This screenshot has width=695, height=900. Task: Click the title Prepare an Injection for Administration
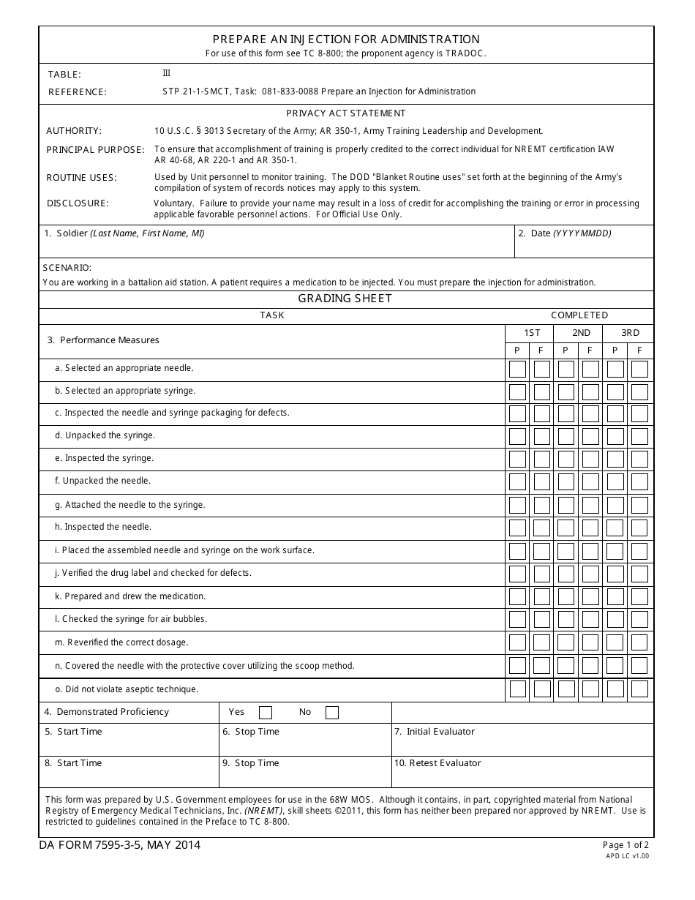346,40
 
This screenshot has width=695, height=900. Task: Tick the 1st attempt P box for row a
517,369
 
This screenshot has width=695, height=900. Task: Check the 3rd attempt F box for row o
639,689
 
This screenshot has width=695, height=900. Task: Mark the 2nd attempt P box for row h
566,528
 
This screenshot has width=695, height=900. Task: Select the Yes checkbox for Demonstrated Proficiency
266,713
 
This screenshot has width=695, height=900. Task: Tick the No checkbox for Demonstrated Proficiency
332,713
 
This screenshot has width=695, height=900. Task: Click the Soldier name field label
124,233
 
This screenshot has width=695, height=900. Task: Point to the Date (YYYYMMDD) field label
565,233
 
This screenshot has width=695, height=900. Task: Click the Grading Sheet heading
345,299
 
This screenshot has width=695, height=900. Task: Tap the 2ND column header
581,333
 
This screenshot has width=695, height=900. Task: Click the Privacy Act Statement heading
345,113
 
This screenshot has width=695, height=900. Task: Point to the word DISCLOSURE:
78,203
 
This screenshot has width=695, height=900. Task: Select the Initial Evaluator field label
435,732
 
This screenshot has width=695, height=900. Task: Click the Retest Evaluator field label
437,763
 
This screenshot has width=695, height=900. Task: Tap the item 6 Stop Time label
251,732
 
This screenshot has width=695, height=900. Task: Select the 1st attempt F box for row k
542,596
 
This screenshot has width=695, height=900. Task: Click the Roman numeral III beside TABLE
166,73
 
